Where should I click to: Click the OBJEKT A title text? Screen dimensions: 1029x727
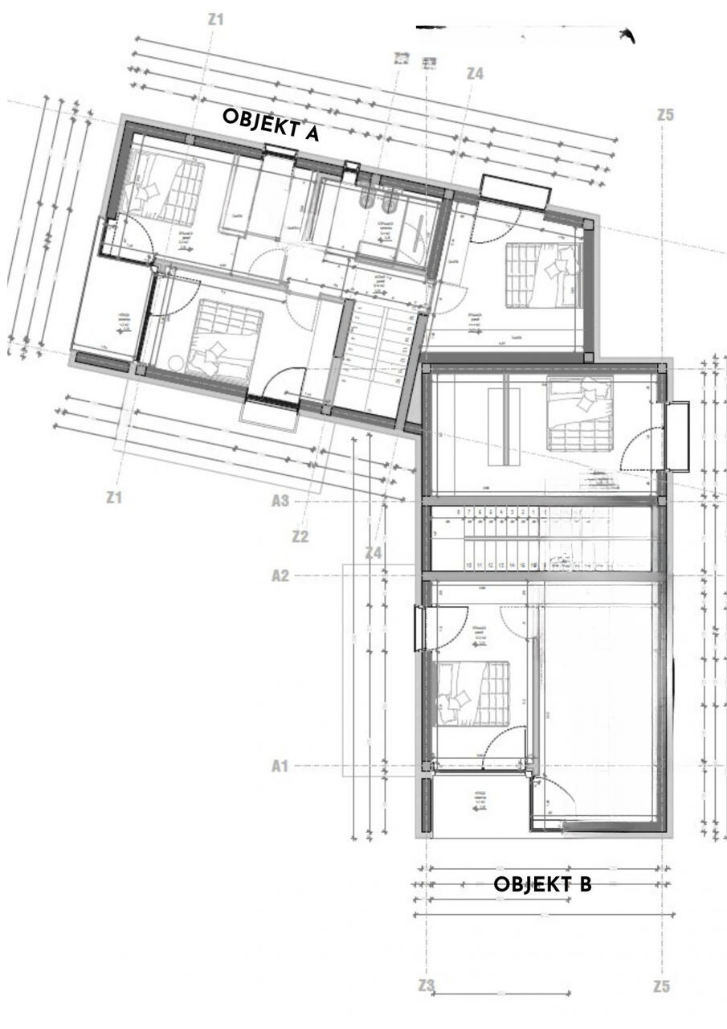(x=271, y=125)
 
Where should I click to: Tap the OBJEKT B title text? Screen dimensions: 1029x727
(x=542, y=884)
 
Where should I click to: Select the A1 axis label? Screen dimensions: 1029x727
(x=280, y=766)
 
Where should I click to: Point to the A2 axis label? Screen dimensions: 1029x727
(x=280, y=576)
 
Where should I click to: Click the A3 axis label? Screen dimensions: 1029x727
(x=280, y=501)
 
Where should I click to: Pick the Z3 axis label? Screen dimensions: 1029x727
(x=427, y=985)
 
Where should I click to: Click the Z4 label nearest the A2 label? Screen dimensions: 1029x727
(x=373, y=553)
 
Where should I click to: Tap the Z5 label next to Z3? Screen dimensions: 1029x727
(x=661, y=986)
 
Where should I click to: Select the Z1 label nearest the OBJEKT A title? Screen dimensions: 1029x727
(x=215, y=18)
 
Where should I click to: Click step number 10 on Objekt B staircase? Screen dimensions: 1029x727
(x=468, y=566)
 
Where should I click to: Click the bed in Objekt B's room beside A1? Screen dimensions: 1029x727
(x=472, y=693)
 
